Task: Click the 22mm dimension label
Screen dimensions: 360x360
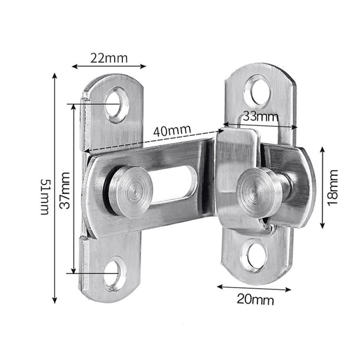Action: click(109, 58)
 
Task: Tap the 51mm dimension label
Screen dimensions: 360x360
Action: click(45, 197)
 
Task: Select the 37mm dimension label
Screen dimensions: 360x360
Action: click(65, 191)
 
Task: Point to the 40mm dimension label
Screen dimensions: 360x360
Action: click(172, 131)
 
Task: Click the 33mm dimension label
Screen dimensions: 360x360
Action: click(261, 116)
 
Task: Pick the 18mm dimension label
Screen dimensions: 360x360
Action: click(333, 188)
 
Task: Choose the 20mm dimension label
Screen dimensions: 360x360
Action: click(255, 299)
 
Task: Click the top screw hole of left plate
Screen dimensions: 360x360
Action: click(116, 105)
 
